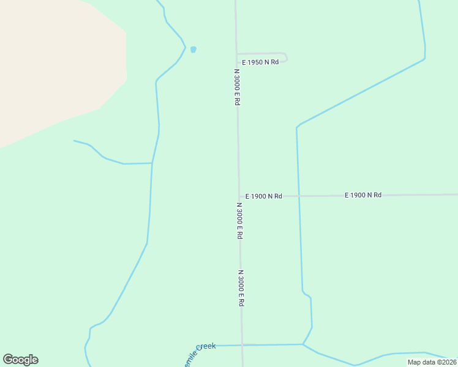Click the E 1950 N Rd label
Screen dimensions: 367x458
coord(260,62)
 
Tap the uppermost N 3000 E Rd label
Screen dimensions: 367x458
coord(236,87)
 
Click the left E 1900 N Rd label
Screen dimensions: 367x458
coord(263,196)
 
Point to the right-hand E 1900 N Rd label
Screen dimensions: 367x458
coord(363,195)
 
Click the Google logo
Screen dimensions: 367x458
coord(20,360)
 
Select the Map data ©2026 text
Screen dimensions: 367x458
coord(431,362)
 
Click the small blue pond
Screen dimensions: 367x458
coord(193,50)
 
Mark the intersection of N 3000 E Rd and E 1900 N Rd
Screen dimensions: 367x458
coord(239,196)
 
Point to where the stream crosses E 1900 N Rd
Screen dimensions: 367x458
coord(299,196)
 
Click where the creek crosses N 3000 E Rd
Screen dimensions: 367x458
coord(242,345)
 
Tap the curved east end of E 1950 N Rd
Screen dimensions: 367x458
coord(286,57)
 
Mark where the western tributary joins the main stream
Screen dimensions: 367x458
coord(152,163)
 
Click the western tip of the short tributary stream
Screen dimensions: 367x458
coord(74,141)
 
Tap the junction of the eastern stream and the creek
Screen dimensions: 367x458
coord(302,344)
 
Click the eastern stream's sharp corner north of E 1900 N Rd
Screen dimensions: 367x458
coord(297,128)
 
